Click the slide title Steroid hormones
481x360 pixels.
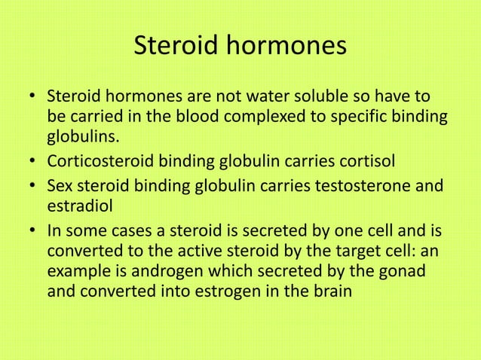point(240,47)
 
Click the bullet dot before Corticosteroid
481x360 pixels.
point(33,161)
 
